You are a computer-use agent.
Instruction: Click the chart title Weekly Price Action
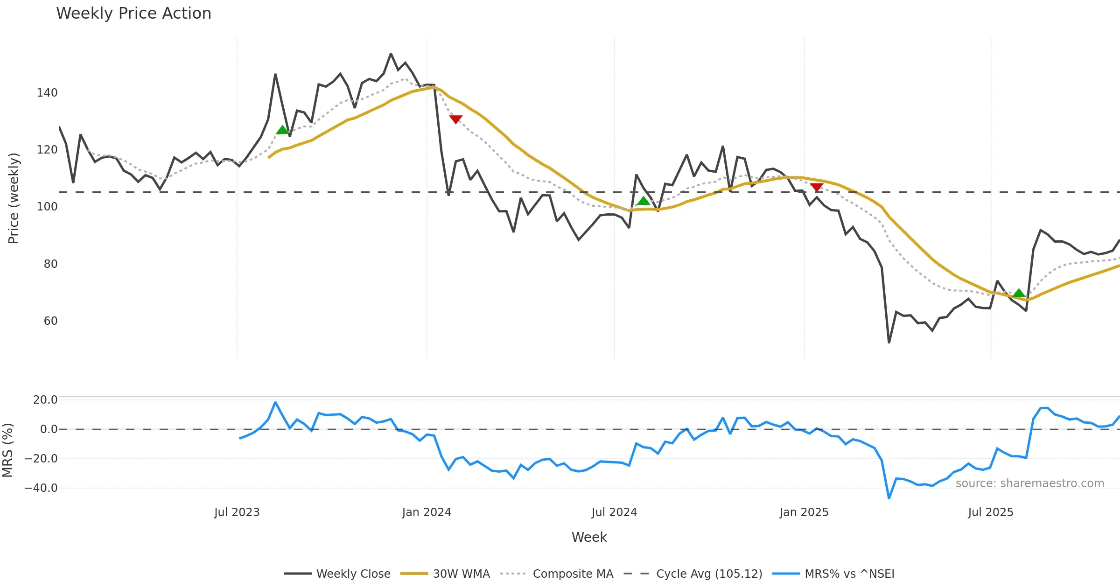(133, 14)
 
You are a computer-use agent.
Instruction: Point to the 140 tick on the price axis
(47, 93)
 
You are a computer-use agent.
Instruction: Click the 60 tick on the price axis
(50, 321)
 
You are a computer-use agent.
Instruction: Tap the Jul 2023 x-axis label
(237, 512)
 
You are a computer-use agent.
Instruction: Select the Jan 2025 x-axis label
(804, 512)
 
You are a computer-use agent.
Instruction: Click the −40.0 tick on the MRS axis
(41, 488)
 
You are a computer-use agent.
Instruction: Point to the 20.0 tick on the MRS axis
(45, 400)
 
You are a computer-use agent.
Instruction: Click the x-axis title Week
(589, 538)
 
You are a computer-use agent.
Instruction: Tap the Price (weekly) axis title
(14, 198)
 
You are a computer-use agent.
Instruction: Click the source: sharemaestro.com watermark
(1029, 483)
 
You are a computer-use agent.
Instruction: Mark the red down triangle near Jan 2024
(456, 119)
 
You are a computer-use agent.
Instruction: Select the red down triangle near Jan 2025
(817, 187)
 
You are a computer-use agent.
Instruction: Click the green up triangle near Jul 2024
(644, 201)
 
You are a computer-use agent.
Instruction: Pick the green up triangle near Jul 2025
(1019, 293)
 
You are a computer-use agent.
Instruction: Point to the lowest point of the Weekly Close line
(889, 343)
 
